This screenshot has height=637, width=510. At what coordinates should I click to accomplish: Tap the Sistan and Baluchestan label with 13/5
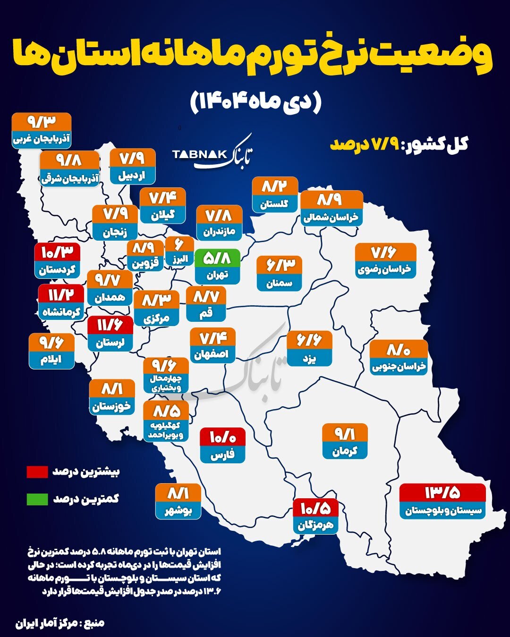point(442,501)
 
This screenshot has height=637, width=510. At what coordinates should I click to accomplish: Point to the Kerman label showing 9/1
point(345,442)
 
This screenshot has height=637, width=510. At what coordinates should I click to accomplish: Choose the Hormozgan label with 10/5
point(315,516)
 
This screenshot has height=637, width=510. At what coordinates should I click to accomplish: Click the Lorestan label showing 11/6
point(110,334)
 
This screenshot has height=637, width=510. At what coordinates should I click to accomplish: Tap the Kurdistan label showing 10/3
point(57,261)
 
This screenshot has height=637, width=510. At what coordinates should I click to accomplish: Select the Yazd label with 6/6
point(309,349)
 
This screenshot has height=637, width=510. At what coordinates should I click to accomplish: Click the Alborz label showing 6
point(179,251)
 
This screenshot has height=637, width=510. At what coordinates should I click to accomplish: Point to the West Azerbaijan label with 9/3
point(42,131)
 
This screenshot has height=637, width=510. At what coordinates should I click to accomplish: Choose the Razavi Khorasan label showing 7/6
point(385,261)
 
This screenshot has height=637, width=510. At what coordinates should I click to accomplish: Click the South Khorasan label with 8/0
point(399,358)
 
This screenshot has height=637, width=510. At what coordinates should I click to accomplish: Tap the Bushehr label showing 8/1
point(178,502)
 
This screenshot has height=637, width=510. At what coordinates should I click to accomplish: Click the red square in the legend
point(37,471)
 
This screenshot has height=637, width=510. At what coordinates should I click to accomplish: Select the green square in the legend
point(37,499)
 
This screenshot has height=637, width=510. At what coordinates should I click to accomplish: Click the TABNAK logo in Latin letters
point(199,154)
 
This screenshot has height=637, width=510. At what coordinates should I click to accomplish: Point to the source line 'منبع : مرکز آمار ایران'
point(60,623)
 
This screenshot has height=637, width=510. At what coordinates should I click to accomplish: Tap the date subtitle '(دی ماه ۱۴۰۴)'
point(255,102)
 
